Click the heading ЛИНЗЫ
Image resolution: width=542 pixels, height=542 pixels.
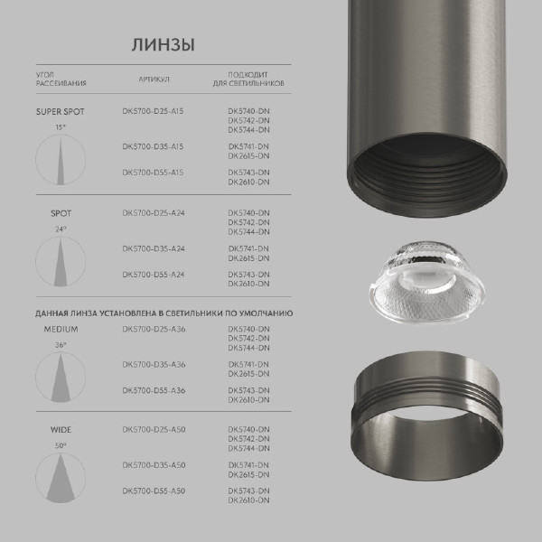click(x=163, y=44)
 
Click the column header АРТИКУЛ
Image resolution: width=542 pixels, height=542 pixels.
click(x=154, y=78)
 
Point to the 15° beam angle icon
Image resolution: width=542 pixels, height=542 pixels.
click(x=60, y=159)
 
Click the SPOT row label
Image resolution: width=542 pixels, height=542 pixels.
click(x=61, y=213)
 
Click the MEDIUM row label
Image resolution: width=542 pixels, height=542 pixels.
click(x=61, y=329)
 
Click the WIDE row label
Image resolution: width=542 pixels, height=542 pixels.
click(x=61, y=430)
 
